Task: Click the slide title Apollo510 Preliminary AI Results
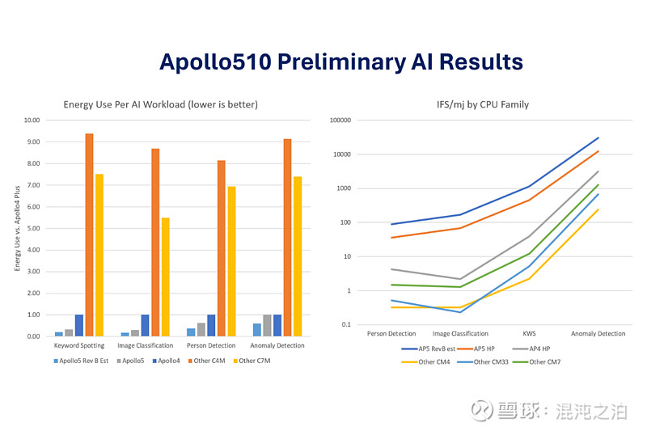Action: (x=340, y=61)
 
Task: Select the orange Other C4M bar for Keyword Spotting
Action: (x=89, y=235)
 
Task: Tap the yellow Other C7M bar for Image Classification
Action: (x=165, y=277)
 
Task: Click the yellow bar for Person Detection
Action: (x=231, y=261)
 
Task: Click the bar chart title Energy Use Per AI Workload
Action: (x=161, y=104)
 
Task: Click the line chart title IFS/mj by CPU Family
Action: (x=484, y=104)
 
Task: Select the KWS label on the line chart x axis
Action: (x=530, y=333)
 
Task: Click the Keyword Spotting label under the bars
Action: (x=79, y=345)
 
